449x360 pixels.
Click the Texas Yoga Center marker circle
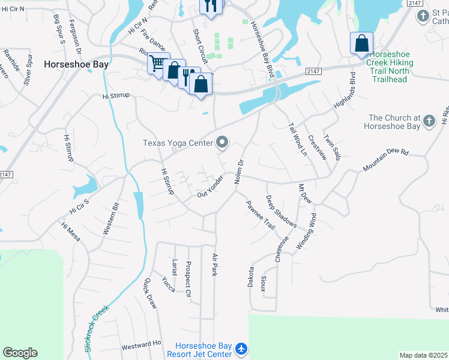pos(223,142)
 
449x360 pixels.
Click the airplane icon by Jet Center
pos(241,349)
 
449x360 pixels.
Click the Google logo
pos(20,353)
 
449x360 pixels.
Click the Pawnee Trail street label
pos(260,215)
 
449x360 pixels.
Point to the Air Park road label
pos(215,264)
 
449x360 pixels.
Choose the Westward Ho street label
pos(142,345)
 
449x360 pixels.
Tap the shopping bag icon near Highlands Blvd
pos(361,43)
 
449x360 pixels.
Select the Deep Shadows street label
pos(281,211)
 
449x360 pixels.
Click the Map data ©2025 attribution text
pos(424,355)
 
